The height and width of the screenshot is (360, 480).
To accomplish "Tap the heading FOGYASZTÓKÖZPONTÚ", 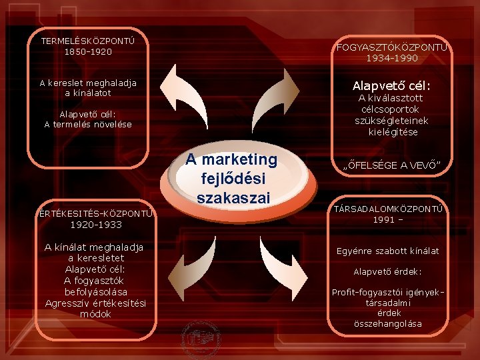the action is [392, 47].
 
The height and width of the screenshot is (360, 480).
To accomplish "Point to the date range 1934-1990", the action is [392, 58].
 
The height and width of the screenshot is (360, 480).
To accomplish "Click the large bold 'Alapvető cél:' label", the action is [391, 86].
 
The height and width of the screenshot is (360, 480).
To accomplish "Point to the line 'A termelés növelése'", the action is [88, 124].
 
